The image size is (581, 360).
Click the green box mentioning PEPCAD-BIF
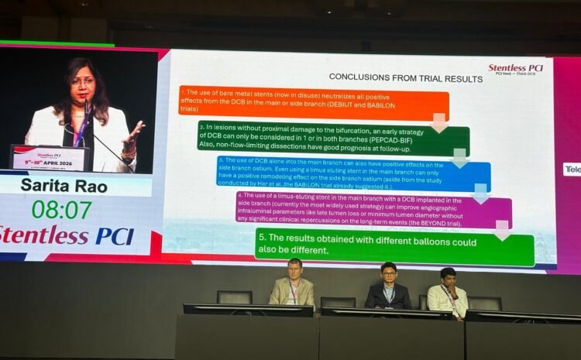click(x=333, y=139)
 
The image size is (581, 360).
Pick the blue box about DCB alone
click(x=352, y=173)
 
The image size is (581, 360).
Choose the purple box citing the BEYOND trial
click(x=373, y=209)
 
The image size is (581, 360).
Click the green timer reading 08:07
click(x=61, y=209)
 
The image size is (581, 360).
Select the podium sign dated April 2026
click(x=50, y=158)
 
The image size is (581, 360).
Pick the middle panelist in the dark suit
click(x=388, y=286)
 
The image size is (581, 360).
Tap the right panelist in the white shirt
click(x=448, y=290)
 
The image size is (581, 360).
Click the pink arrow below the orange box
click(x=439, y=122)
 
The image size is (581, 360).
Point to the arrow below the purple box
click(x=503, y=229)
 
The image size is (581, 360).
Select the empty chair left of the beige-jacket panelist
click(x=234, y=297)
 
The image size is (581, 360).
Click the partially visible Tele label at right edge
click(x=572, y=169)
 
